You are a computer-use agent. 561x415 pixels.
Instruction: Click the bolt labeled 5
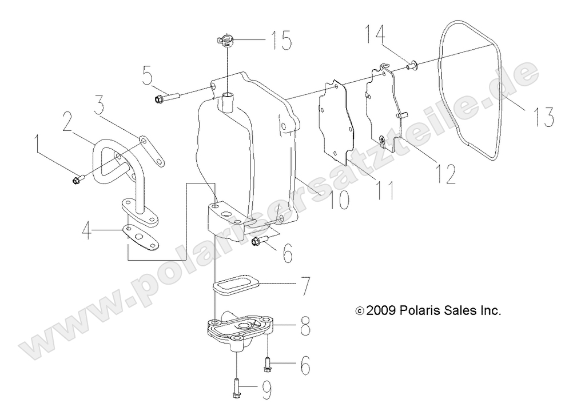point(165,98)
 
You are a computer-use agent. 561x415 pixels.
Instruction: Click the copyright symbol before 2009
point(359,312)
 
